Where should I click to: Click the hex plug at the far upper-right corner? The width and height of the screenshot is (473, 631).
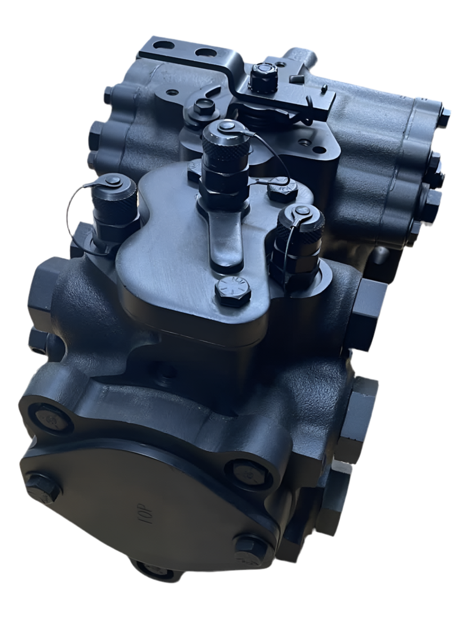tap(443, 117)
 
